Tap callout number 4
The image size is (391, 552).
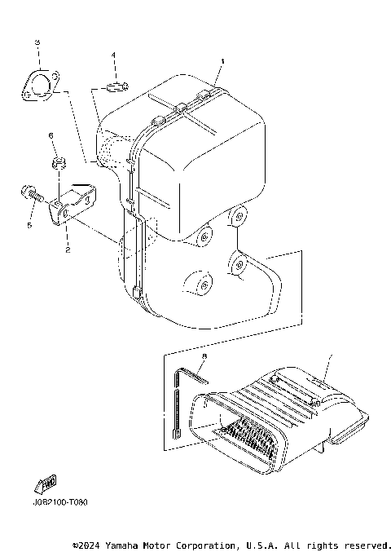pyautogui.click(x=114, y=55)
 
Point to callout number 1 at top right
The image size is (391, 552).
pyautogui.click(x=221, y=61)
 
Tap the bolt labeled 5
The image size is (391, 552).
pyautogui.click(x=29, y=194)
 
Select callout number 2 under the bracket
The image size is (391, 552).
pyautogui.click(x=68, y=250)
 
